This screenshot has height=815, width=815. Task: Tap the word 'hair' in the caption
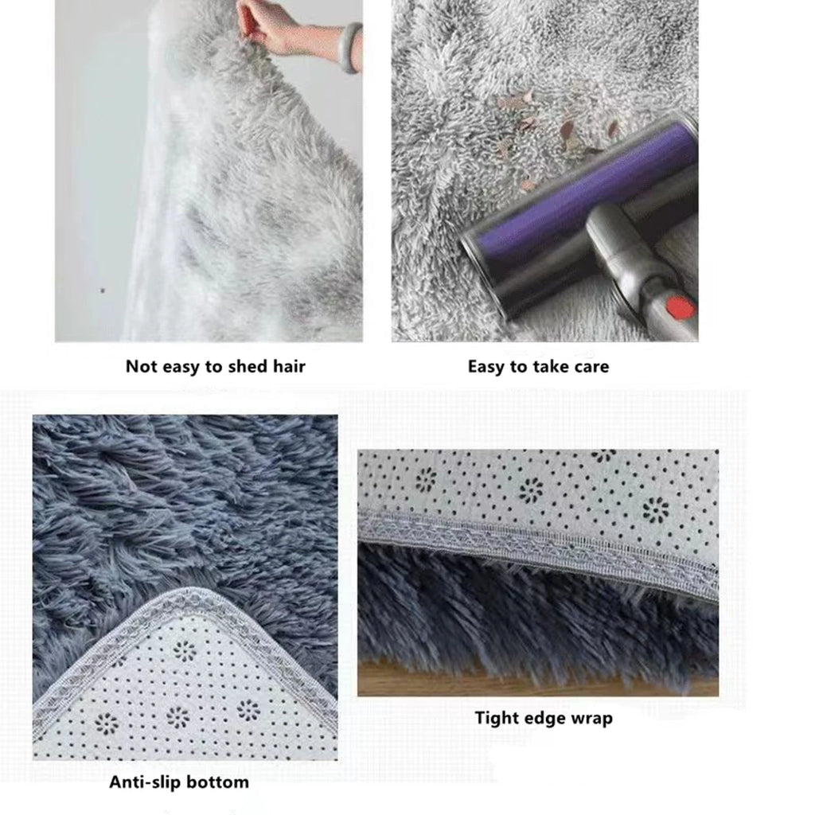(x=287, y=366)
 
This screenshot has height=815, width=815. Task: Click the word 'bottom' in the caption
(x=219, y=782)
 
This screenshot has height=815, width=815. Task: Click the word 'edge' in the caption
(x=545, y=718)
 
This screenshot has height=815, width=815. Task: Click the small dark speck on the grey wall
(x=101, y=290)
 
